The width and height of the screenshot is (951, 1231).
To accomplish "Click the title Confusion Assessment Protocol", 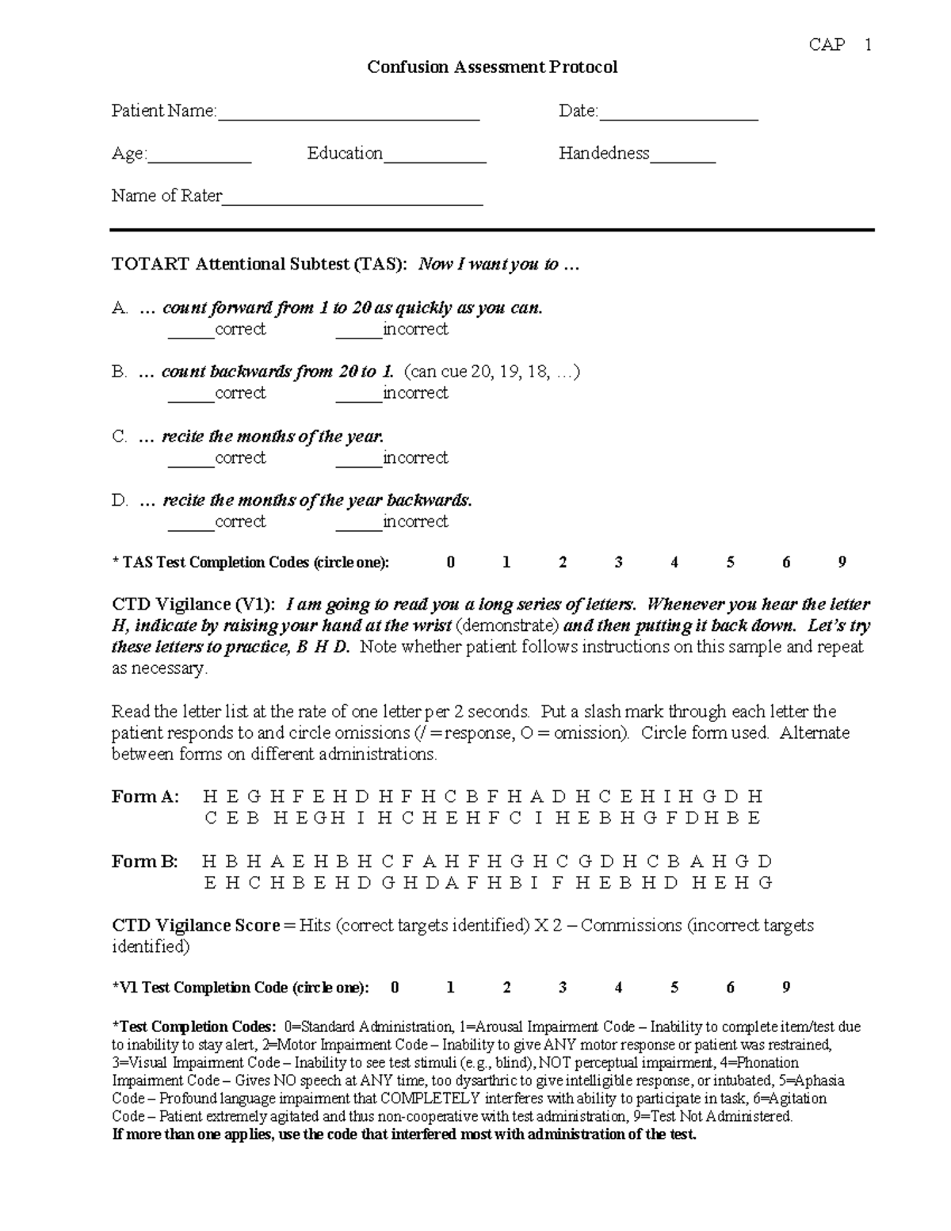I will pos(491,67).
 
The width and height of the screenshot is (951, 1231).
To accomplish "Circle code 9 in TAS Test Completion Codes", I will pos(842,563).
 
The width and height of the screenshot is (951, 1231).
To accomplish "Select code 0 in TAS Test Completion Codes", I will pos(451,563).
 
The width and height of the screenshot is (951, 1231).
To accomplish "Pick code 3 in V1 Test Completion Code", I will pos(563,988).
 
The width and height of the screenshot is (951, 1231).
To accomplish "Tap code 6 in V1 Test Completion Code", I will pos(730,988).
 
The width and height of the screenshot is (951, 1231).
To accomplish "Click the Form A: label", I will pos(146,797).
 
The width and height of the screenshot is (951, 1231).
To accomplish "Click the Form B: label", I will pos(145,862).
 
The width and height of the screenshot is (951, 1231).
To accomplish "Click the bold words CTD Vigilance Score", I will pos(196,926).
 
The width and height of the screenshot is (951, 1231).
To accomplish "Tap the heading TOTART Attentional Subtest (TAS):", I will pos(259,265).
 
